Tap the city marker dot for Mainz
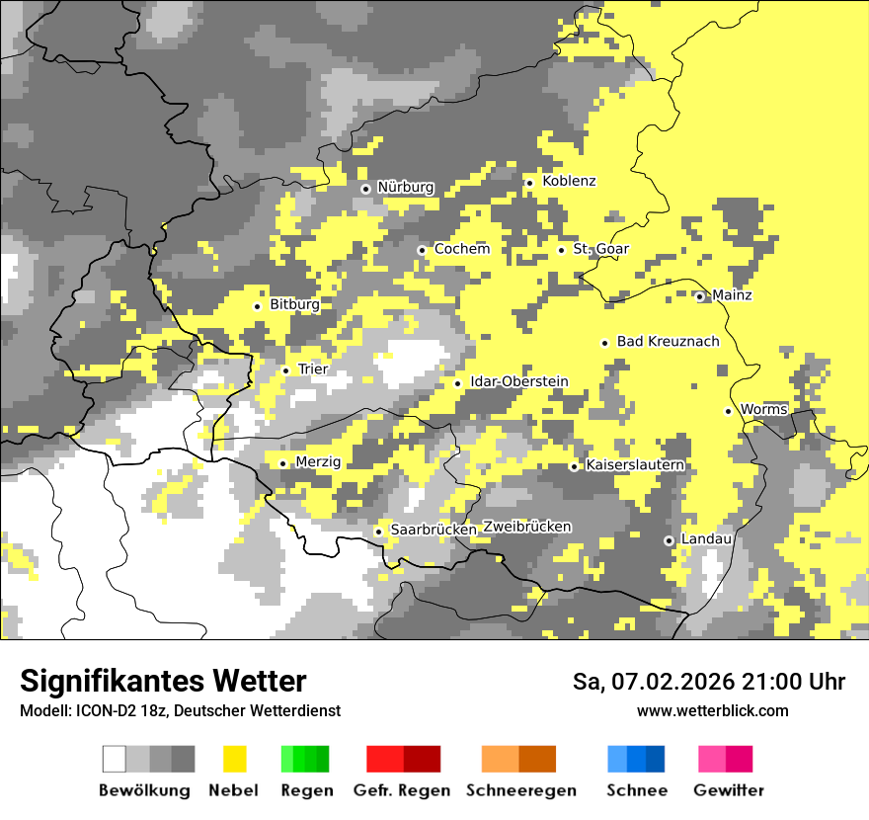(700, 296)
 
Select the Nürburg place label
(405, 187)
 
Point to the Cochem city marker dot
(422, 250)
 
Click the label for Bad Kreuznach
(668, 341)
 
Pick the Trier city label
(312, 369)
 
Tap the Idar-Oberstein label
(518, 381)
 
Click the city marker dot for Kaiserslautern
(574, 466)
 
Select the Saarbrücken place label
(434, 530)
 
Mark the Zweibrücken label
(526, 527)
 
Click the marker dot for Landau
(669, 540)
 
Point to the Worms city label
(763, 409)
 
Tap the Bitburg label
(294, 304)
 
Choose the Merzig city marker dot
(282, 463)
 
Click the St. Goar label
(600, 249)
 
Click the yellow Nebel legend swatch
(234, 759)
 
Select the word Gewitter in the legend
(728, 790)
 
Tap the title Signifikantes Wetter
(163, 681)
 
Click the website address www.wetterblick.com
(712, 710)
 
